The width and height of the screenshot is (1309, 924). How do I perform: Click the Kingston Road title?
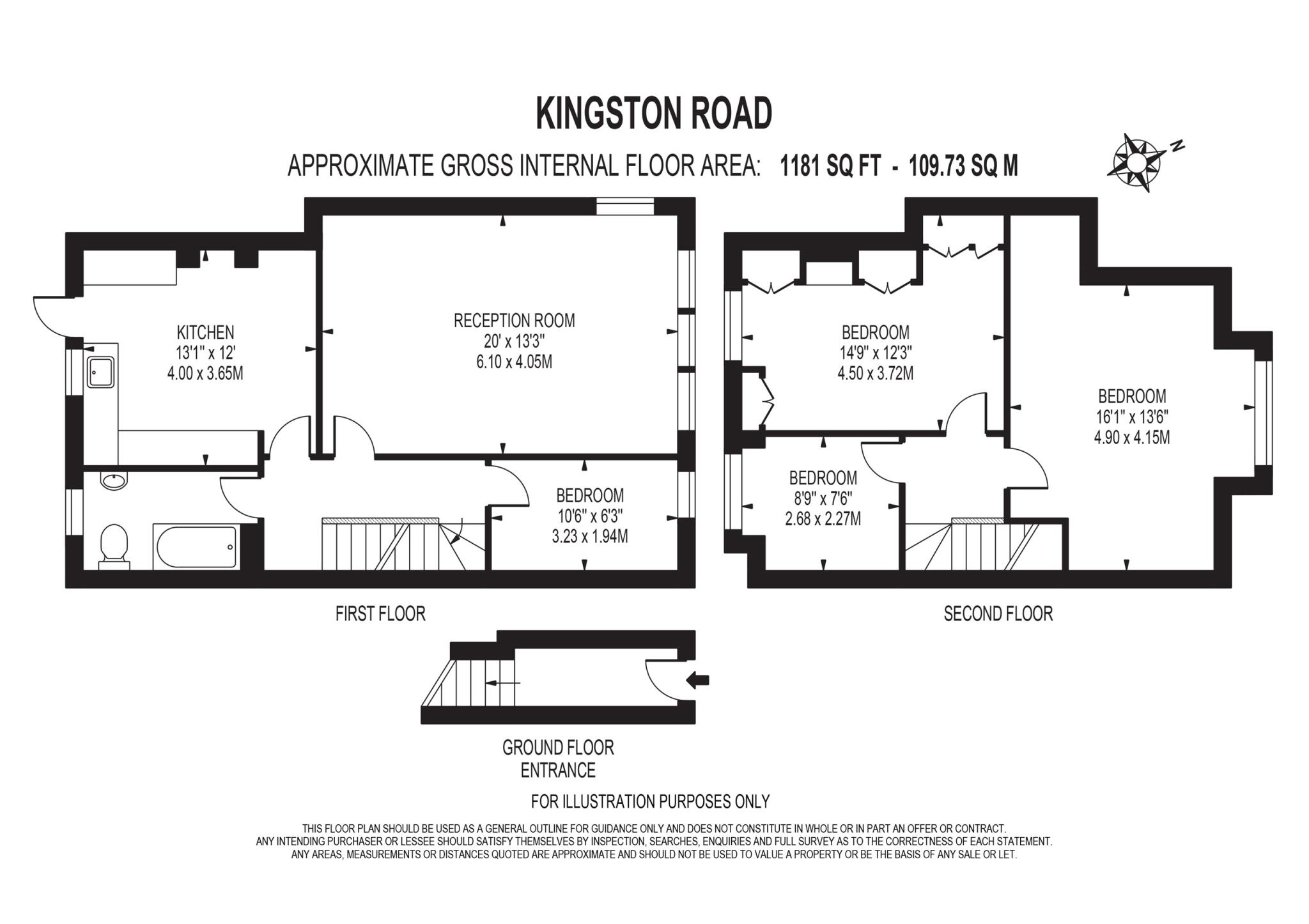(654, 114)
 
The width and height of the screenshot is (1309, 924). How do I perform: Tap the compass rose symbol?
(1137, 162)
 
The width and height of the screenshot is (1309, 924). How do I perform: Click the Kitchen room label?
(205, 332)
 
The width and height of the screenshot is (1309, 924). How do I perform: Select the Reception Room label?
(514, 320)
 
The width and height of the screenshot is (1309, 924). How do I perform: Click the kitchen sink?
(101, 372)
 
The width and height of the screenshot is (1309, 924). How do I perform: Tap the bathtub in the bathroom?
(196, 547)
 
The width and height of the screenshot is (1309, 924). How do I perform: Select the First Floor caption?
(380, 613)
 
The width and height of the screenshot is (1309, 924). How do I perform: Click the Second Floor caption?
(998, 613)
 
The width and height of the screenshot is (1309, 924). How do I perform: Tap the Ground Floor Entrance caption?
(558, 758)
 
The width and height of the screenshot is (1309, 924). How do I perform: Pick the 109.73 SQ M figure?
(963, 166)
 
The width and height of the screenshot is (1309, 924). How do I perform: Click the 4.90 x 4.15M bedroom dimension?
(1132, 438)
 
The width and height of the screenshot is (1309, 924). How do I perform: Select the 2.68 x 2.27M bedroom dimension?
(823, 519)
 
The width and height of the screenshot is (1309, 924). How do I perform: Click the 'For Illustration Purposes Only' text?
(650, 801)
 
